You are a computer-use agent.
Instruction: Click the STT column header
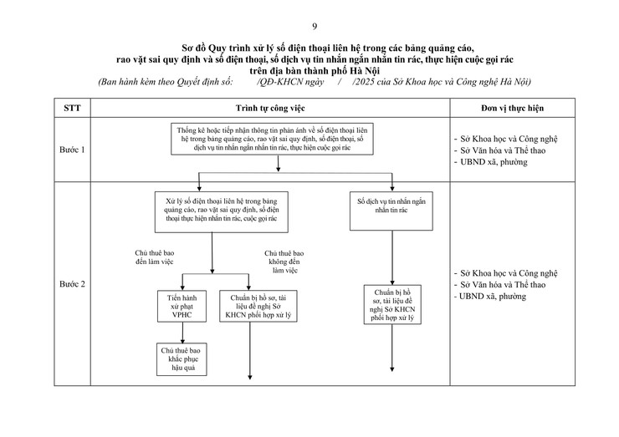(x=72, y=108)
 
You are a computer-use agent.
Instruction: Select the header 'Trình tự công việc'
(x=270, y=108)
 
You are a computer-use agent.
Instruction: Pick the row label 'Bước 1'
(x=72, y=150)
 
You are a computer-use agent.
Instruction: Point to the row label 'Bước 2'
(x=72, y=284)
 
